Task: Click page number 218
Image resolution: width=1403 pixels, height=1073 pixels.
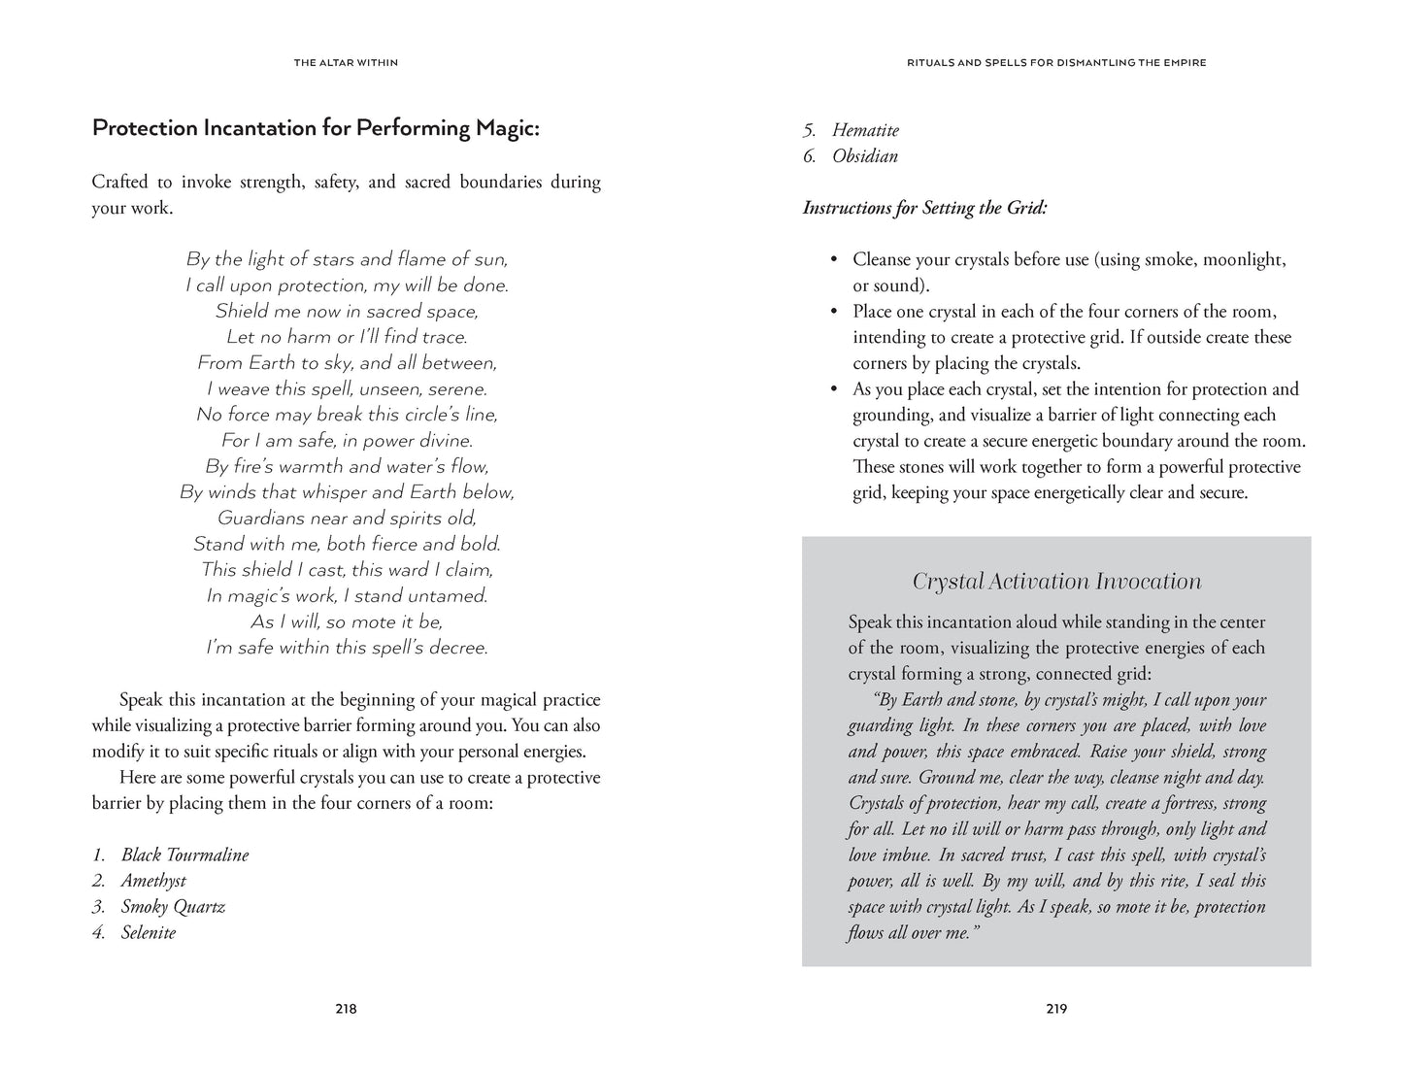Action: coord(346,1009)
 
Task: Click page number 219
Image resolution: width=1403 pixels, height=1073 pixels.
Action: coord(1056,1009)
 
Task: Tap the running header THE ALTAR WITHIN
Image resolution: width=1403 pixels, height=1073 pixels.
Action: coord(346,63)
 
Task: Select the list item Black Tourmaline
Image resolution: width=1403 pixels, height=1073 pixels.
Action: coord(184,855)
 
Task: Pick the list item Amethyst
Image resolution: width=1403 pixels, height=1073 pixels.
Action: coord(153,881)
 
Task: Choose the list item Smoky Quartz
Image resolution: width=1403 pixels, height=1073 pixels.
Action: coord(173,907)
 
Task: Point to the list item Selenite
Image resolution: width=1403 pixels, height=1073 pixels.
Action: coord(149,933)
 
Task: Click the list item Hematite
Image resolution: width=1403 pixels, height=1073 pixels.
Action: coord(865,130)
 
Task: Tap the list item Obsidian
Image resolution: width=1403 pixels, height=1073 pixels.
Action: coord(865,156)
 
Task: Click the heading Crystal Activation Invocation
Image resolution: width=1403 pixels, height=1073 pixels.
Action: coord(1056,582)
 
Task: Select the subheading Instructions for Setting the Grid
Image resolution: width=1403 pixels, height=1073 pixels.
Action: coord(924,208)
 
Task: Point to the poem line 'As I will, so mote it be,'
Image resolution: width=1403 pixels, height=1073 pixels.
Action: coord(347,621)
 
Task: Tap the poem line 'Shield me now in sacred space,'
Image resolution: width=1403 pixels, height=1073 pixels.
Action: coord(347,311)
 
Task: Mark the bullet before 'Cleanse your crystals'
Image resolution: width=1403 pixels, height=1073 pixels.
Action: coord(833,260)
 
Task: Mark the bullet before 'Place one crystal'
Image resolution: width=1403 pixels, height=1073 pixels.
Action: coord(833,312)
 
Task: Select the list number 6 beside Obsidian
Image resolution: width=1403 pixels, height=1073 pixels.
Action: coord(809,156)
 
